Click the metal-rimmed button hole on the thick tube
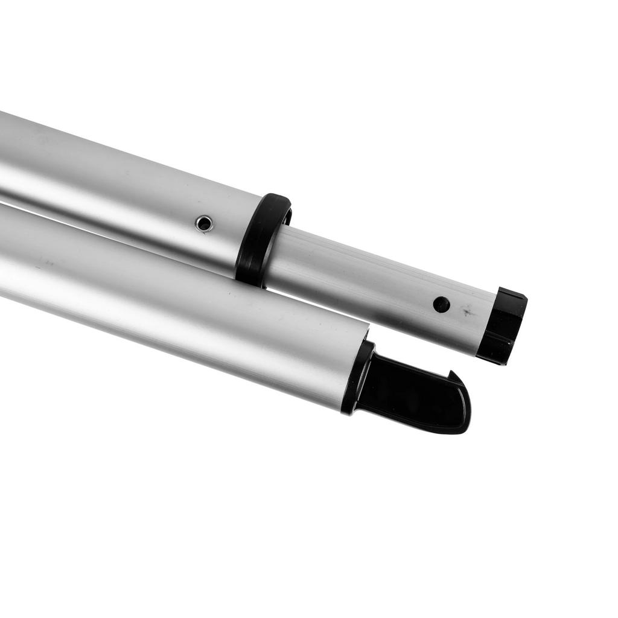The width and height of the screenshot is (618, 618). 204,223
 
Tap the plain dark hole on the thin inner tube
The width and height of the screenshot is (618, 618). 441,304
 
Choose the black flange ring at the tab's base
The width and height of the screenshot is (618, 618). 356,377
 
